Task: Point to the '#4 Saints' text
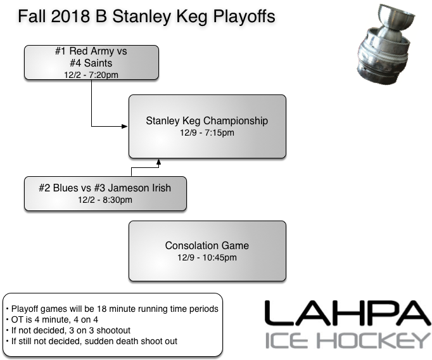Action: (91, 63)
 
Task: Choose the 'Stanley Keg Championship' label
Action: (207, 121)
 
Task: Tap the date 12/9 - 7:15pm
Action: (207, 133)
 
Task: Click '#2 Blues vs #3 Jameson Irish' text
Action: (106, 188)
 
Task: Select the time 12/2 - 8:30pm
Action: (105, 200)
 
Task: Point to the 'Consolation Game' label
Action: (207, 246)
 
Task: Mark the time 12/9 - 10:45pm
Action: (207, 258)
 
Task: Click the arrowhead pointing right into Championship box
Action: (125, 127)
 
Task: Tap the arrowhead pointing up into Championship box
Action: (158, 162)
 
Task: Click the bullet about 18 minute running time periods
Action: (113, 309)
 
